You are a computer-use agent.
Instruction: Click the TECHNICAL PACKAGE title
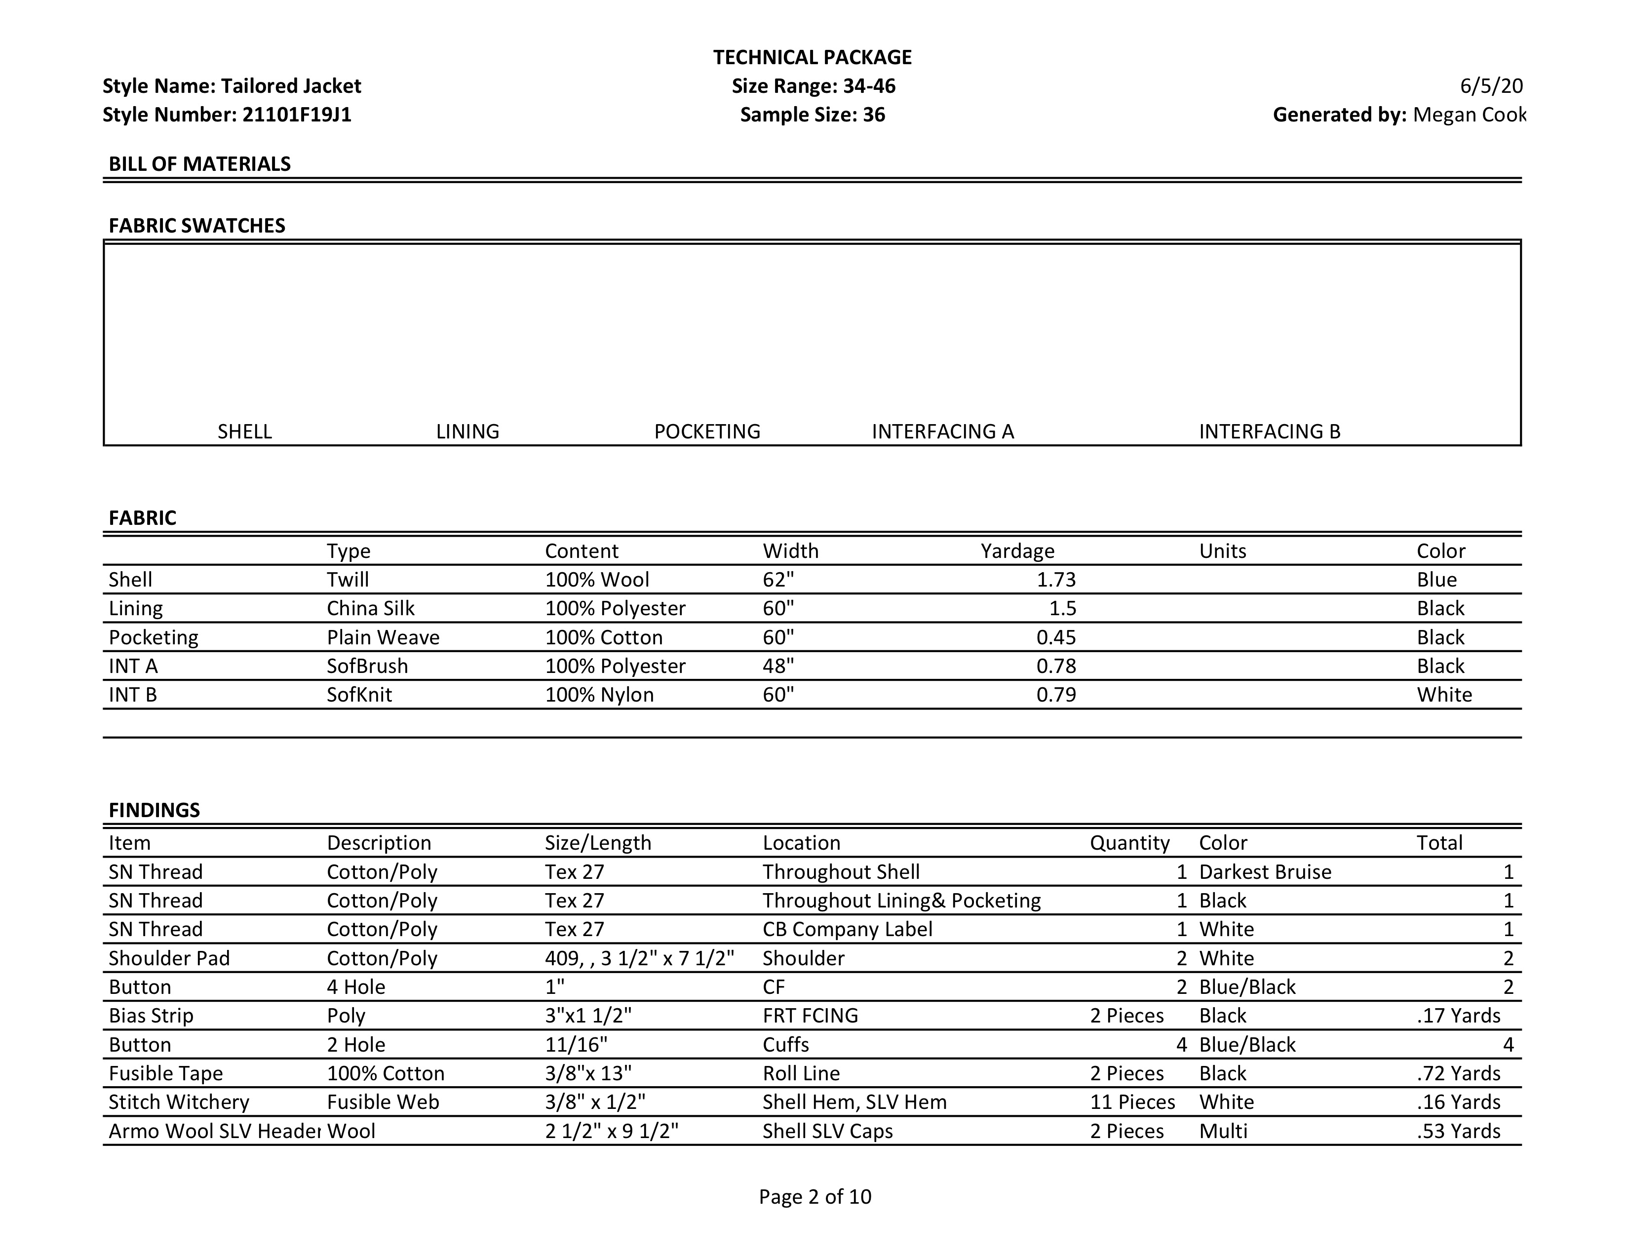coord(812,57)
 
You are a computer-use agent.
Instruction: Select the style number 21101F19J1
coord(296,115)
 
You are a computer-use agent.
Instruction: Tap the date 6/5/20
coord(1490,86)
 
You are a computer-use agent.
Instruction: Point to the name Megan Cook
coord(1469,115)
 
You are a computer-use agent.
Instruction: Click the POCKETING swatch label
coord(706,432)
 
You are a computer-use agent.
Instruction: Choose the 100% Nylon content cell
coord(599,695)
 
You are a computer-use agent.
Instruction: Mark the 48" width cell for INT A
coord(778,666)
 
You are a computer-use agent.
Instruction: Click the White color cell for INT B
coord(1444,695)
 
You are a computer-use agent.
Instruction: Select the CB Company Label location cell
coord(847,929)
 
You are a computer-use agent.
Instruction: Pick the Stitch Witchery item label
coord(179,1102)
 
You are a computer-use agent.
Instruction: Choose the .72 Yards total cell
coord(1458,1074)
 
